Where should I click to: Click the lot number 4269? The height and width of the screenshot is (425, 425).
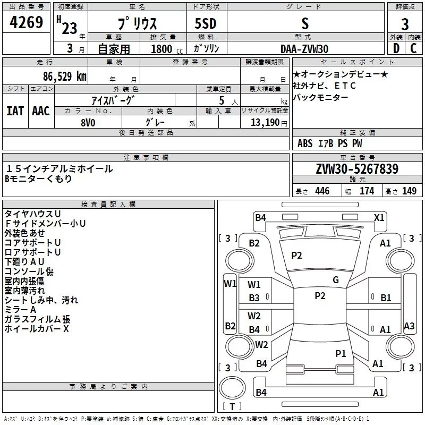(x=26, y=22)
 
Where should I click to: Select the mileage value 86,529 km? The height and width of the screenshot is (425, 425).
(x=64, y=76)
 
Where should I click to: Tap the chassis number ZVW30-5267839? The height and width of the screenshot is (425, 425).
(x=357, y=168)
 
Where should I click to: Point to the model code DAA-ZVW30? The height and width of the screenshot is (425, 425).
(x=304, y=49)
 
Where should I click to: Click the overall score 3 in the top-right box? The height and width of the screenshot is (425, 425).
(x=405, y=24)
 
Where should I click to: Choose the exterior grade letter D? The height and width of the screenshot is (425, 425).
(x=396, y=48)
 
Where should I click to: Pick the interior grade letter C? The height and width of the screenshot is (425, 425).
(x=413, y=48)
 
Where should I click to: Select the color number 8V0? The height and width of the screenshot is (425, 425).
(x=88, y=123)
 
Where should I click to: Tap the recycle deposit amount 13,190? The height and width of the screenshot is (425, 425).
(x=265, y=122)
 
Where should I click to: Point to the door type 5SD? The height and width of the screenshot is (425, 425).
(x=206, y=23)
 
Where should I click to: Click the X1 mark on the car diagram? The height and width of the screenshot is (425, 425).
(x=379, y=218)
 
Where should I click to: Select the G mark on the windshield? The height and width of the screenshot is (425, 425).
(x=336, y=280)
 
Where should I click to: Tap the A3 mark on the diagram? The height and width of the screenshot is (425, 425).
(x=409, y=326)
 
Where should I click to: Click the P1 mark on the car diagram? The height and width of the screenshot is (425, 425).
(x=341, y=353)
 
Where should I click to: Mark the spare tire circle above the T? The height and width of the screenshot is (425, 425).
(x=232, y=387)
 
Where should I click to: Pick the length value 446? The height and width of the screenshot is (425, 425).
(x=322, y=191)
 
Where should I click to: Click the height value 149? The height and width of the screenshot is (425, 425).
(x=409, y=191)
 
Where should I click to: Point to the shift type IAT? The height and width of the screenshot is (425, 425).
(x=15, y=111)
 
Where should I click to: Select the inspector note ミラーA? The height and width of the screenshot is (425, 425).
(x=20, y=310)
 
